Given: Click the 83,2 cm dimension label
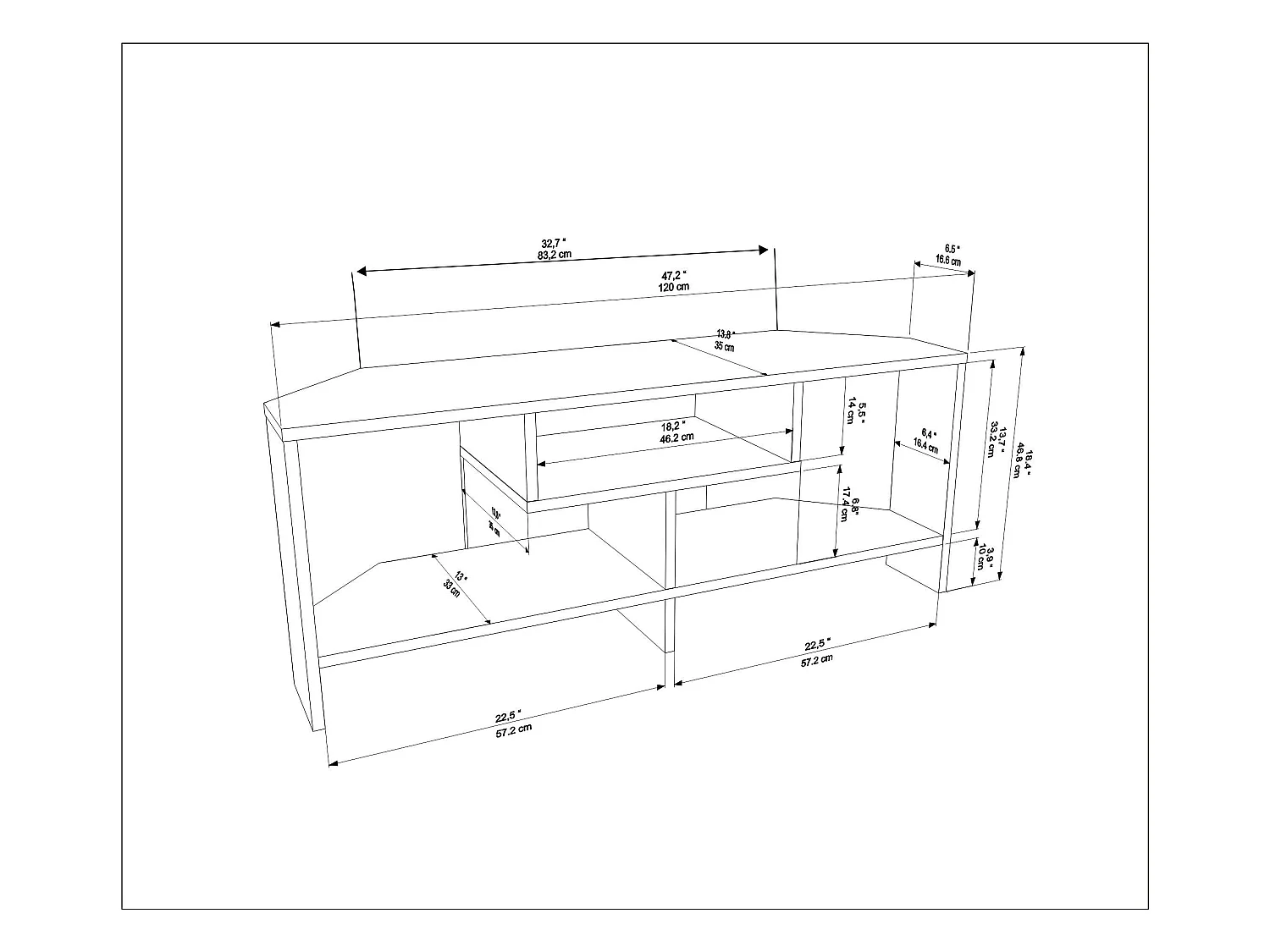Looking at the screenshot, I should pyautogui.click(x=555, y=253).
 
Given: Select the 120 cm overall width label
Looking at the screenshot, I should pyautogui.click(x=674, y=287).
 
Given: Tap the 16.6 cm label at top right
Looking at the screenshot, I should pyautogui.click(x=948, y=261).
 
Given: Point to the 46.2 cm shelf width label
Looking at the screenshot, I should pyautogui.click(x=676, y=437).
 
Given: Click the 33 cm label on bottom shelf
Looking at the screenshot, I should pyautogui.click(x=453, y=590).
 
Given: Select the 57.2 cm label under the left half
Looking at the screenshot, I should pyautogui.click(x=514, y=730).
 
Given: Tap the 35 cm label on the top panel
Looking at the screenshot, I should pyautogui.click(x=724, y=346).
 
